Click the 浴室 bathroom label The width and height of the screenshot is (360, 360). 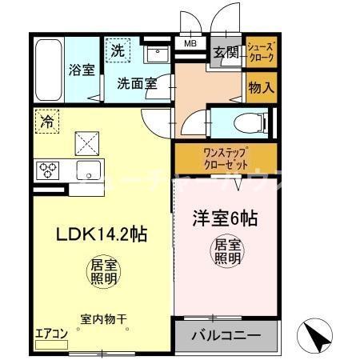[x=82, y=69]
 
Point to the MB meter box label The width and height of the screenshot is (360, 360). [x=190, y=45]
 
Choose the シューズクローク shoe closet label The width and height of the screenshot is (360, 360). [x=261, y=53]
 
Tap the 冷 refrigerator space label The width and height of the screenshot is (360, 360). [x=46, y=122]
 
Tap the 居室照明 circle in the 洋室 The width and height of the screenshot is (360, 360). [x=226, y=252]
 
